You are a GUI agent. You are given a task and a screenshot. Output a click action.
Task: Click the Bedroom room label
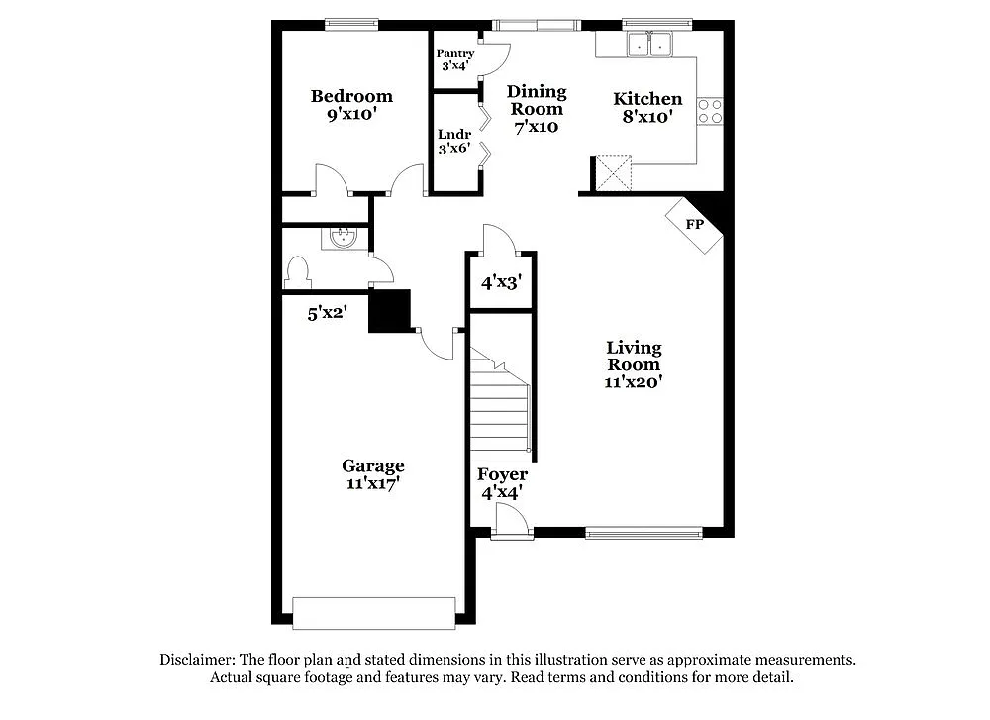coord(351,105)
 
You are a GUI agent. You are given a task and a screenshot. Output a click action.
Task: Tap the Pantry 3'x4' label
coord(454,60)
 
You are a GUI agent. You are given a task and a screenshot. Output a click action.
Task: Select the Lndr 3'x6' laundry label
coord(453,142)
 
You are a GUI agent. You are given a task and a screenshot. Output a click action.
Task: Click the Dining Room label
coord(536,108)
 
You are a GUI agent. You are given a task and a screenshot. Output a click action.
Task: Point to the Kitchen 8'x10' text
coord(647,107)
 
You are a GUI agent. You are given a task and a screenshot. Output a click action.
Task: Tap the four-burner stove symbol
coord(710,111)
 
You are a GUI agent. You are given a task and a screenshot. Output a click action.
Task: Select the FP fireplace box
coord(696,225)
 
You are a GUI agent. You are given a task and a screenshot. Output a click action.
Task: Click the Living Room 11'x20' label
coord(634,363)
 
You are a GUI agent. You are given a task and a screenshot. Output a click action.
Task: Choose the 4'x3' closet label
coord(501,282)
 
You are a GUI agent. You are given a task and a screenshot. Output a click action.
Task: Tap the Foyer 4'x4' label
coord(502,482)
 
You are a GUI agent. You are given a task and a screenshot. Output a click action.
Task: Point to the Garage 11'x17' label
coord(373,474)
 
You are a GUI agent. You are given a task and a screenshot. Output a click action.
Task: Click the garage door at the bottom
coord(374,612)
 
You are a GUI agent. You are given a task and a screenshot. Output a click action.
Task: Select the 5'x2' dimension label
coord(326,314)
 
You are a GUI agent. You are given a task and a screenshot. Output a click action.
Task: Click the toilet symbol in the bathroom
coord(297,271)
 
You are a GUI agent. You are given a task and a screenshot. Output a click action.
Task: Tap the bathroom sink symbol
coord(343,238)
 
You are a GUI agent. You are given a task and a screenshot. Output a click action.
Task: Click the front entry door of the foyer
coord(509,522)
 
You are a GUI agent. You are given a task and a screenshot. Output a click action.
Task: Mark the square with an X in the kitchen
coord(613,172)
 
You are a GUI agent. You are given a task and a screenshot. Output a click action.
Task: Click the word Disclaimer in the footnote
coord(195,659)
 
